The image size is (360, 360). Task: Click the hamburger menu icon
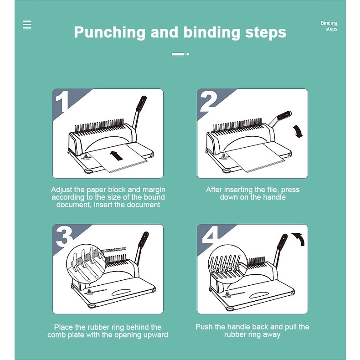tap(27, 25)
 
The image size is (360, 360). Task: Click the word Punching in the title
tap(110, 32)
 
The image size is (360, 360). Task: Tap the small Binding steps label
tap(329, 26)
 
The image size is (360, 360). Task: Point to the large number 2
tap(208, 102)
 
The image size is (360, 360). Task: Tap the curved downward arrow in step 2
tap(298, 132)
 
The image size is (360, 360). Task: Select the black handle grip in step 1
tap(141, 103)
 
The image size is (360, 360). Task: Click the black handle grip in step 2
tap(284, 115)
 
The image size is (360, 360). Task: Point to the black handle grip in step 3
tap(144, 239)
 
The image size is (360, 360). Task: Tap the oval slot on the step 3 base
tap(122, 292)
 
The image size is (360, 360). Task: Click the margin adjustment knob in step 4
tap(227, 294)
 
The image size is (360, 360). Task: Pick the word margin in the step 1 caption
tap(154, 190)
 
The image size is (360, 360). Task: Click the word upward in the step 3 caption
tap(156, 335)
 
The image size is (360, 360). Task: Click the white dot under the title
tap(188, 54)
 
